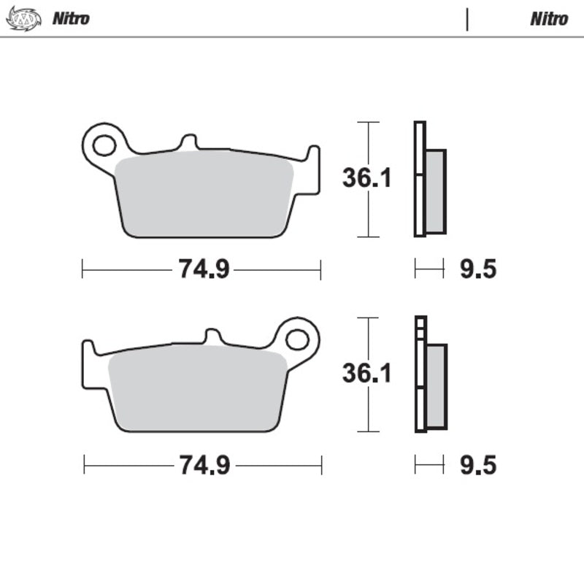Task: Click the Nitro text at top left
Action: coord(71,18)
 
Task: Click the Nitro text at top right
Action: coord(549,18)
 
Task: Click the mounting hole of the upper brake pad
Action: coord(104,145)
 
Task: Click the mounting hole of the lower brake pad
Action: coord(297,339)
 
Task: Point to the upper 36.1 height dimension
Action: coord(367,178)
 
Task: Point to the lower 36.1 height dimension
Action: coord(367,373)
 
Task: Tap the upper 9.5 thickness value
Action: coord(478,269)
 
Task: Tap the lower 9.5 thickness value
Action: coord(478,465)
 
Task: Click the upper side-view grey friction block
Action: coord(435,191)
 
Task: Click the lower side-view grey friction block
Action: coord(436,386)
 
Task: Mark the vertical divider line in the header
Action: coord(467,19)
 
